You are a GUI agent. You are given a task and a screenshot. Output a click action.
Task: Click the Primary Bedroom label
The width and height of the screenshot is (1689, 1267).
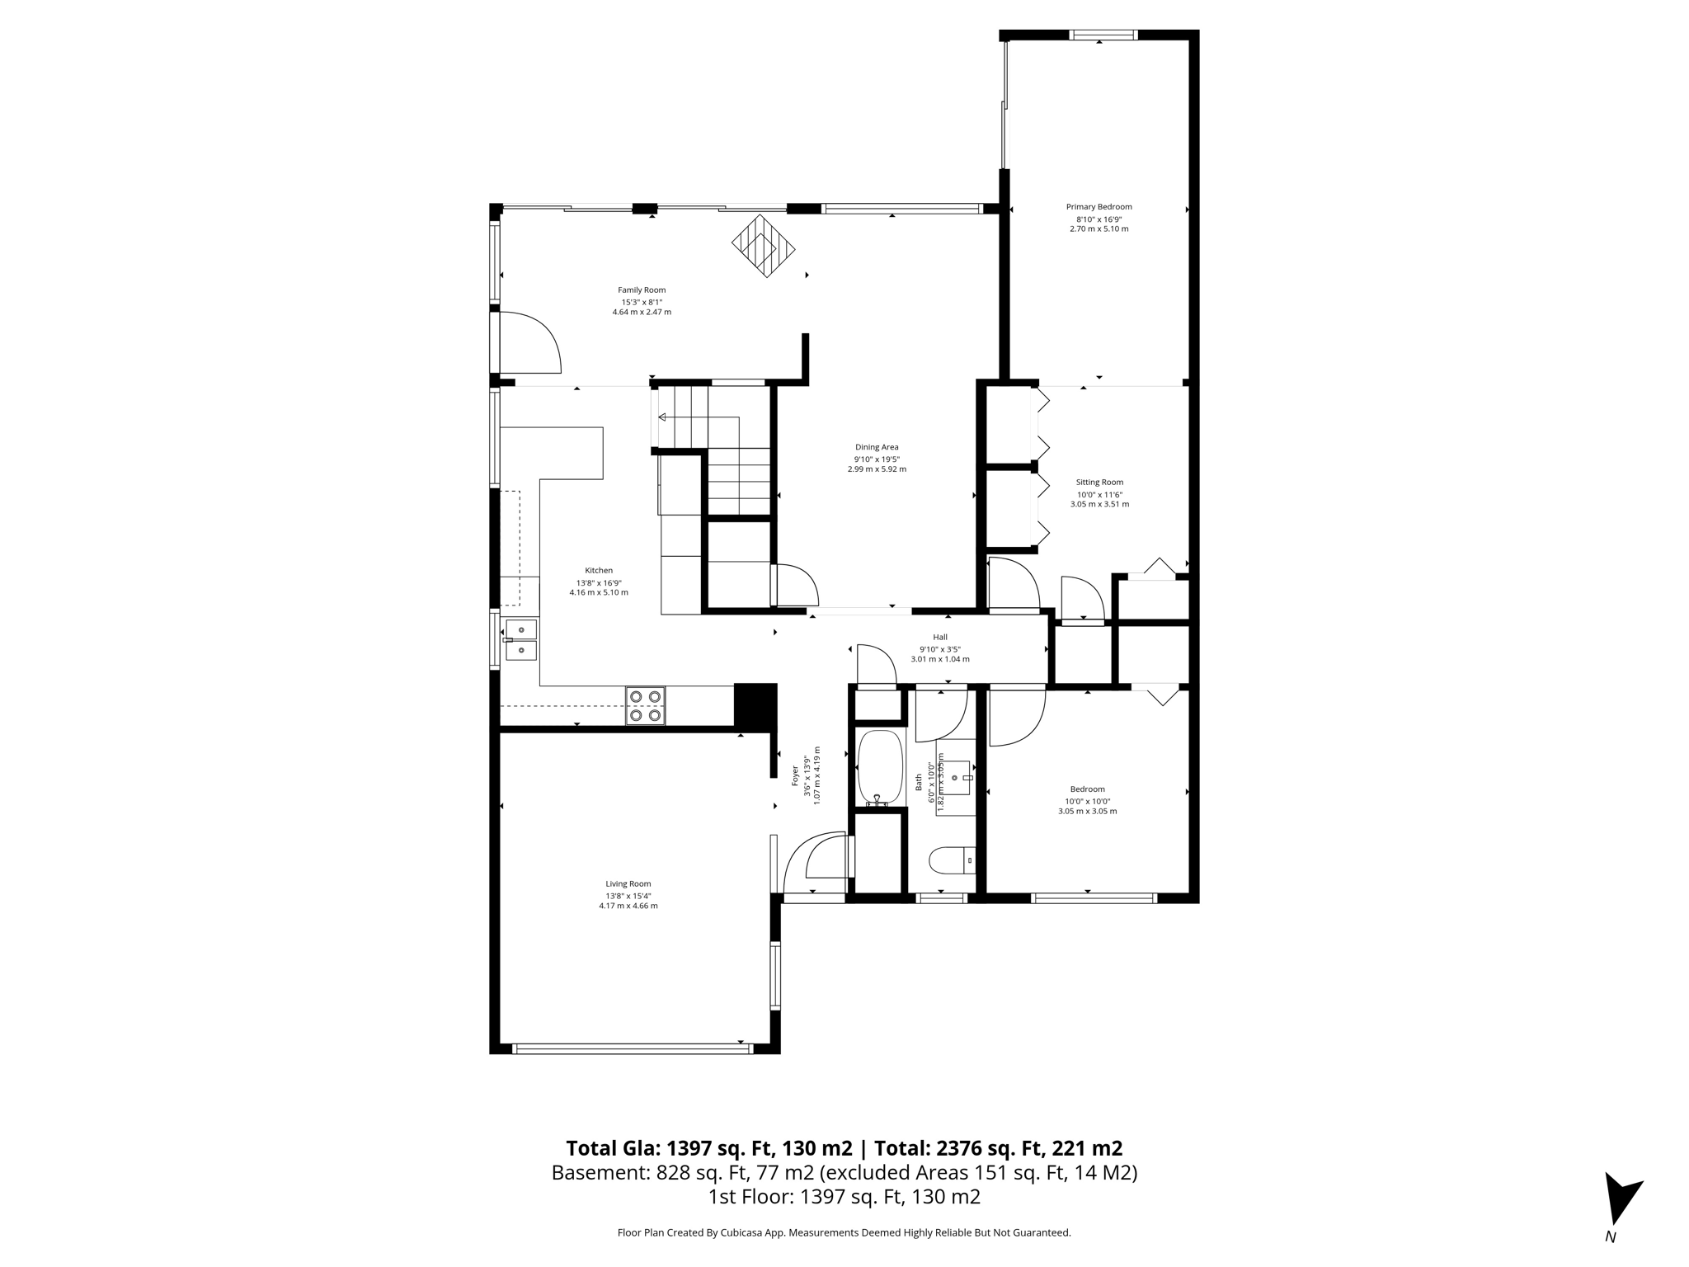point(1099,207)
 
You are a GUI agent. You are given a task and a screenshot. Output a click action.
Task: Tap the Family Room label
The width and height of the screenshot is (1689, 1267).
point(642,290)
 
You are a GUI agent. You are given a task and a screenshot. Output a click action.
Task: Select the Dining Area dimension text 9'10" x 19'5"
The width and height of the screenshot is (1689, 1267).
point(877,459)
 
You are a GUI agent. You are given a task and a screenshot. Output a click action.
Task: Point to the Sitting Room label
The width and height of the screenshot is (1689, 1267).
point(1099,483)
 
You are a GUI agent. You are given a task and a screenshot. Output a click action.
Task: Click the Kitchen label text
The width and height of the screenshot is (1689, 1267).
point(599,571)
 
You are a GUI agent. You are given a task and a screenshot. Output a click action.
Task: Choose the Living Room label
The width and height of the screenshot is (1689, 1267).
point(628,884)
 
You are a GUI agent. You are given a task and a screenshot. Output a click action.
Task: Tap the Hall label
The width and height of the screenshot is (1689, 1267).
point(940,637)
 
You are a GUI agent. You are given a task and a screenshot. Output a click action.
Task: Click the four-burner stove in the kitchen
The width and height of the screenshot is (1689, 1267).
point(645,706)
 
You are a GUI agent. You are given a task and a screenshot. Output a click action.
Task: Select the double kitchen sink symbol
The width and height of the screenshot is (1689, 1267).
point(520,640)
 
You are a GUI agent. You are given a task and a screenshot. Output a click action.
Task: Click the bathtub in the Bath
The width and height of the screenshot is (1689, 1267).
point(880,768)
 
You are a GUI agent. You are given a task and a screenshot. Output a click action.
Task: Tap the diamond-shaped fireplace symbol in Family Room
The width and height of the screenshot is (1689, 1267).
point(763,246)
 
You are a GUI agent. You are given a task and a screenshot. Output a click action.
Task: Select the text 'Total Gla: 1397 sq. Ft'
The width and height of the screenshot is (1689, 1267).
point(708,1148)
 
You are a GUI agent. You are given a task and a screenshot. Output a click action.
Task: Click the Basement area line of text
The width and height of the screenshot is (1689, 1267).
point(844,1172)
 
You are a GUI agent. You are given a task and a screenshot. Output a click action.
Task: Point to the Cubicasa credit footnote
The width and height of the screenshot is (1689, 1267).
point(844,1233)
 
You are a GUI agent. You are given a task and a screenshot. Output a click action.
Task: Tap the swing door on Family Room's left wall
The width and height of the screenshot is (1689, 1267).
point(528,342)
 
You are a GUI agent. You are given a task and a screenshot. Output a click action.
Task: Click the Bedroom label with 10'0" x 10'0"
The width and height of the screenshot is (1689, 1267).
point(1087,789)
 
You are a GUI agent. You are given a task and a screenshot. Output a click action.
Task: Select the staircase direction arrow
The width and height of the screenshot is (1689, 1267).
point(662,417)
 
